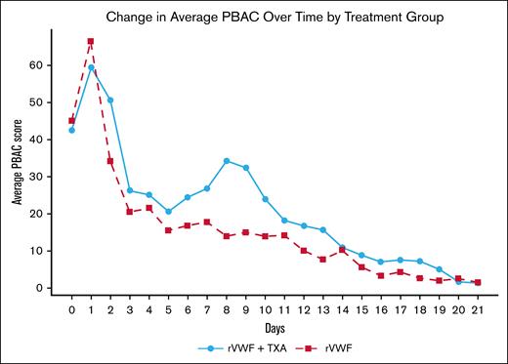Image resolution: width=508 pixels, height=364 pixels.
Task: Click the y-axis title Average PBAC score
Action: pos(18,162)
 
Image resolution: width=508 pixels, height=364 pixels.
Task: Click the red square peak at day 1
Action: pos(91,41)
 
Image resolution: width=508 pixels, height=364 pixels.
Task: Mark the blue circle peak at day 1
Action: pos(91,67)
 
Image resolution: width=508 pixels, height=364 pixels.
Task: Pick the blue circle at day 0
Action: pos(71,130)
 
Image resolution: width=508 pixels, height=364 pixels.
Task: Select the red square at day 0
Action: pos(71,121)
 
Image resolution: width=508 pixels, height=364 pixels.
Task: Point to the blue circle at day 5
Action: pos(168,212)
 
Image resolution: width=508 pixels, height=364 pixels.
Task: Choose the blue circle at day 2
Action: pos(110,101)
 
